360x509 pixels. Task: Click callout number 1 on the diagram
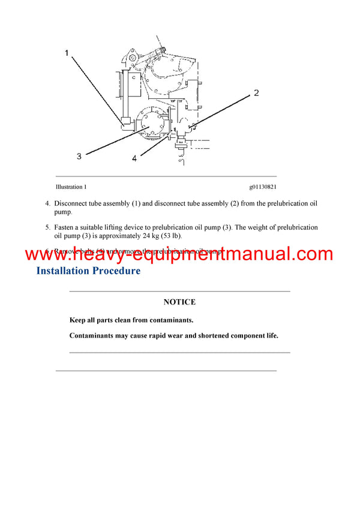(68, 53)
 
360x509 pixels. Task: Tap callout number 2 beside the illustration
(256, 92)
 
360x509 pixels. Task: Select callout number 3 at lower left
(79, 156)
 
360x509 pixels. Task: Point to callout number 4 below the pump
(134, 158)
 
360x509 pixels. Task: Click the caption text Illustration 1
(71, 187)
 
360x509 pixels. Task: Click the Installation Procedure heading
(88, 270)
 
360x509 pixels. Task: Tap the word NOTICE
(179, 302)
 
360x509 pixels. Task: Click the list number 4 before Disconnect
(47, 204)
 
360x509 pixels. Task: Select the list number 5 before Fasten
(47, 228)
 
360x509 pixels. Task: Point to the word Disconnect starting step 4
(71, 204)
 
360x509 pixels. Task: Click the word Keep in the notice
(77, 320)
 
